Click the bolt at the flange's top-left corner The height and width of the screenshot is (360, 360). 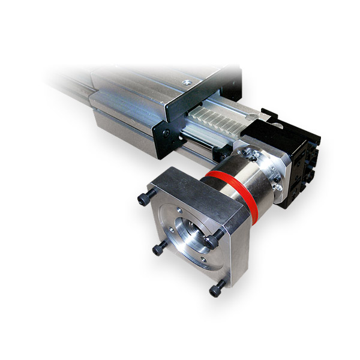(143, 199)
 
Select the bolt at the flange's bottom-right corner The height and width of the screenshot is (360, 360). (215, 289)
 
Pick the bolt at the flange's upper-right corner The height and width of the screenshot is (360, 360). (211, 241)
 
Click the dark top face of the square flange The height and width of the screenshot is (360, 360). (198, 189)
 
